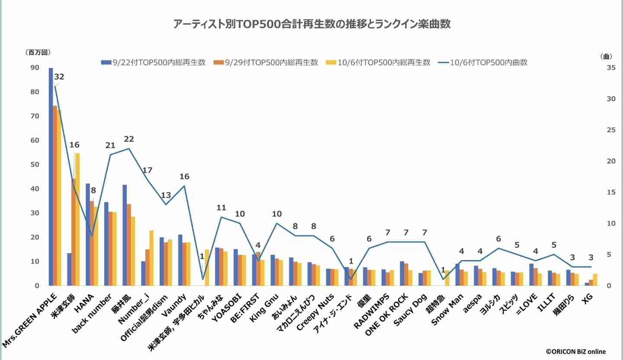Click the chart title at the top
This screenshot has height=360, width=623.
pos(311,24)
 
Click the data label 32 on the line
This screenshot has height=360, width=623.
pos(59,77)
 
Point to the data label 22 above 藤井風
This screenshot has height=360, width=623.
pos(129,139)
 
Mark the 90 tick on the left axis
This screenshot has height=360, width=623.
pos(34,67)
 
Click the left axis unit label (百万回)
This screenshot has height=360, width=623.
pos(38,52)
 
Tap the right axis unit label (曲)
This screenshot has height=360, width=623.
pos(606,56)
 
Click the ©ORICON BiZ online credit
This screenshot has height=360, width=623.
pos(575,352)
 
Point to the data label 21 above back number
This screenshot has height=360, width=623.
pos(110,145)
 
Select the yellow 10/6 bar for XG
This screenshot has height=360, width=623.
pos(595,280)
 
